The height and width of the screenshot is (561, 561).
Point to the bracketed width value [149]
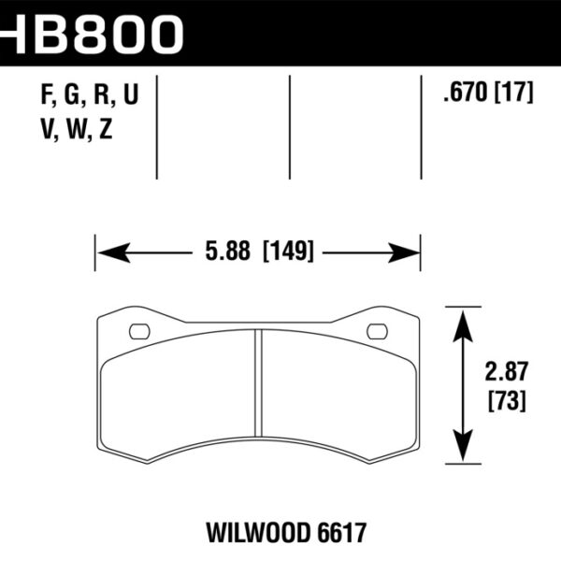(x=287, y=252)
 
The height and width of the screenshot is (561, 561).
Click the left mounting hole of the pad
(x=138, y=330)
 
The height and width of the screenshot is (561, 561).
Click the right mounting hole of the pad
(x=377, y=330)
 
